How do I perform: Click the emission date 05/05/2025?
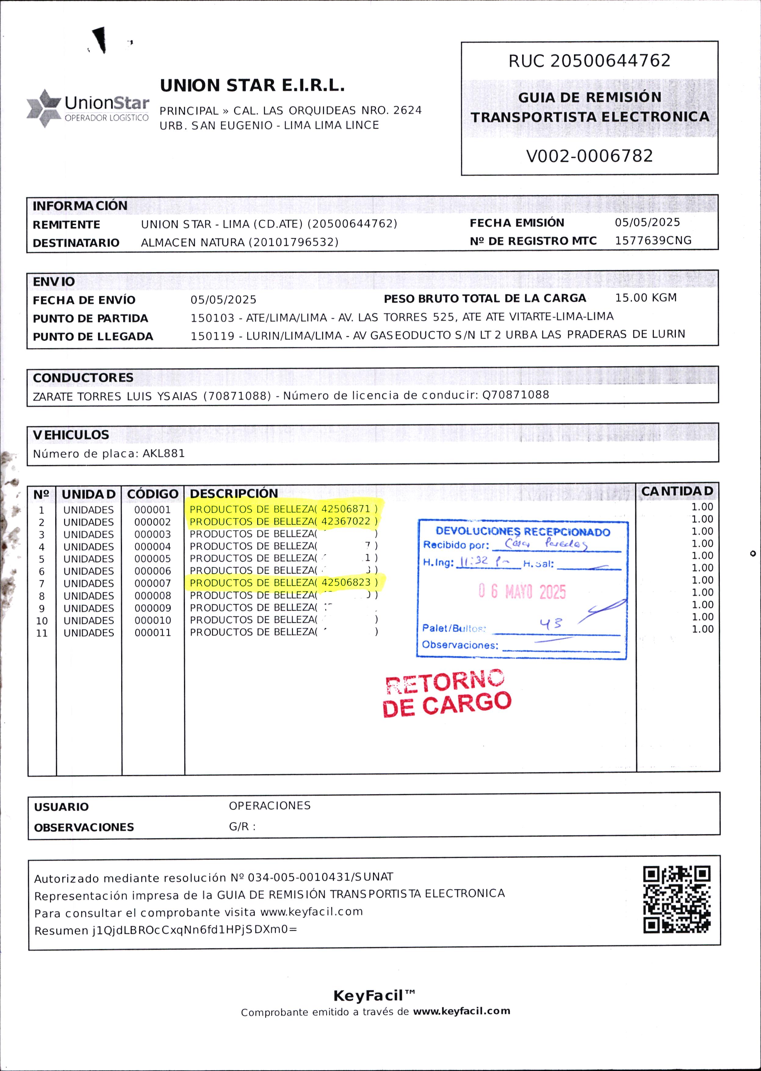tap(647, 222)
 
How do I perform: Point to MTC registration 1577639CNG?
tap(653, 240)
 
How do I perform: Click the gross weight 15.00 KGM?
tap(645, 298)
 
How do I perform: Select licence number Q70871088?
tap(515, 395)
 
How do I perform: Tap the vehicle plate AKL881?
tap(164, 453)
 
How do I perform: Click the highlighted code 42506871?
tap(346, 509)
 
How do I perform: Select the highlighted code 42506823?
tap(346, 582)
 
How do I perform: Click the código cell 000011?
tap(153, 633)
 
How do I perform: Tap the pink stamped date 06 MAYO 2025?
tap(522, 592)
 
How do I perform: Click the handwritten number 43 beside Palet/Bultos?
tap(550, 624)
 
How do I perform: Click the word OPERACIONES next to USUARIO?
tap(269, 805)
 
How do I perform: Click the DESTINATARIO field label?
tap(76, 243)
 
